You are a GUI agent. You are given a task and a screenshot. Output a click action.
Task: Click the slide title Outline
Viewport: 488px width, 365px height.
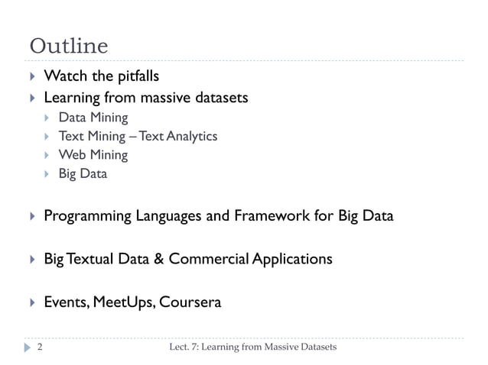pyautogui.click(x=69, y=47)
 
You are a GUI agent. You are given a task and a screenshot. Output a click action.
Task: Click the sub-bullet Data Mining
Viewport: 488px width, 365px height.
pyautogui.click(x=93, y=118)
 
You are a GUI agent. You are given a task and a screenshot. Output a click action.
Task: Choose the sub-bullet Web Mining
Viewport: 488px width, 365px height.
pyautogui.click(x=93, y=155)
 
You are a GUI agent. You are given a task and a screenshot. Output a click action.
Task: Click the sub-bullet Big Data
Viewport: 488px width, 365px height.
pyautogui.click(x=83, y=173)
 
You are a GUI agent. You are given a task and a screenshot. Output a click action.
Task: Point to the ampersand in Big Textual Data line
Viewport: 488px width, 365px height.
pyautogui.click(x=158, y=259)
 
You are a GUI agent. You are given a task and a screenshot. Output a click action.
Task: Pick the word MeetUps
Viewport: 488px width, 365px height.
pyautogui.click(x=125, y=302)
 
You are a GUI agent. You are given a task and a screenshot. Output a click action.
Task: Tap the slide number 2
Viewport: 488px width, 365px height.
pyautogui.click(x=39, y=348)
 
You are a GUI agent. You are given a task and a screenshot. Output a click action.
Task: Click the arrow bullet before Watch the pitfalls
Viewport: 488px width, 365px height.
pyautogui.click(x=31, y=77)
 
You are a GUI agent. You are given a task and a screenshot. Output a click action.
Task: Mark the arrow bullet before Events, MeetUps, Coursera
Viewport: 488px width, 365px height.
pyautogui.click(x=31, y=302)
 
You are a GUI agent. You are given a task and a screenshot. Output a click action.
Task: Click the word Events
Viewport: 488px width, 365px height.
pyautogui.click(x=66, y=302)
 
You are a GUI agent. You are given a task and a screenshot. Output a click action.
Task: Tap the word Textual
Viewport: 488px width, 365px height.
pyautogui.click(x=89, y=259)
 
